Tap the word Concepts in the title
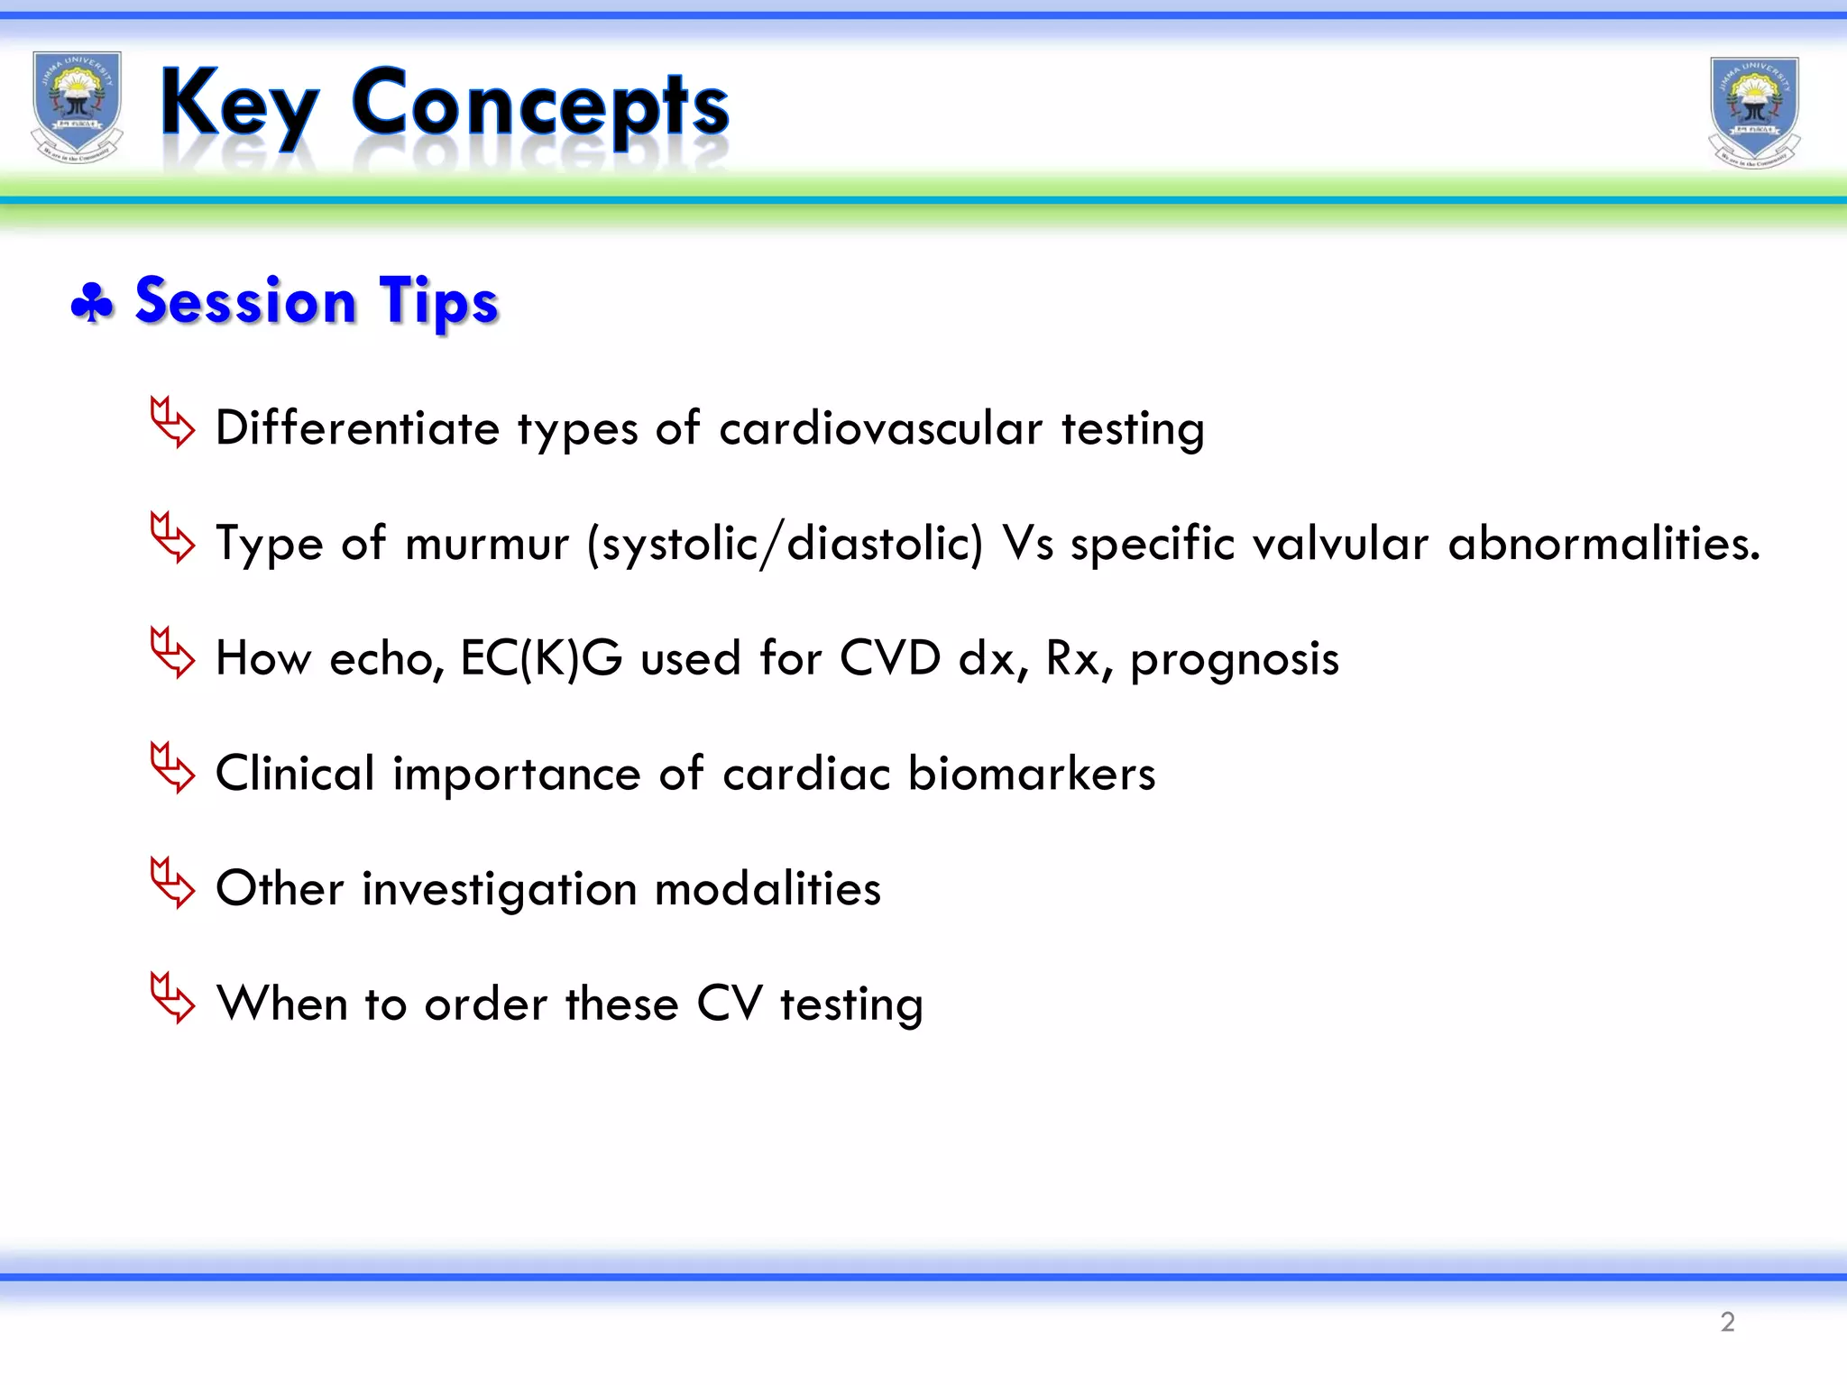[539, 106]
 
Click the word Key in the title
[239, 106]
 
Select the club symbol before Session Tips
[92, 303]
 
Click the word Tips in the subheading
[438, 301]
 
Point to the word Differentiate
[357, 427]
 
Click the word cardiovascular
[880, 427]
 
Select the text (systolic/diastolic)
[785, 544]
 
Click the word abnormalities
[1603, 543]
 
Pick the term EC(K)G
[541, 658]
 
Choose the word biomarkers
[1031, 774]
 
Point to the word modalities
[767, 889]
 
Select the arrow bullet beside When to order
[172, 998]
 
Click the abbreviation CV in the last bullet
[730, 1004]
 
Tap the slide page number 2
[1727, 1322]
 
